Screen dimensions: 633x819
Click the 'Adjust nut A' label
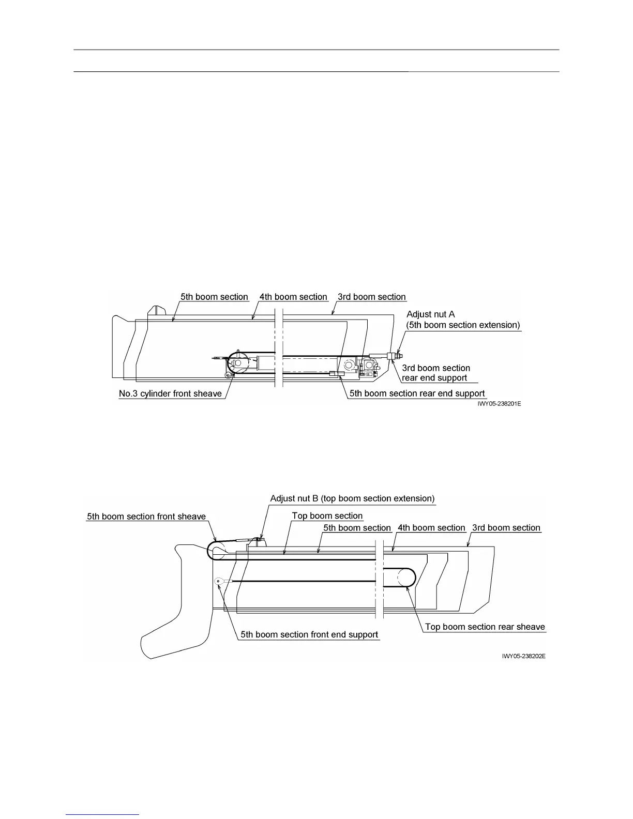(430, 314)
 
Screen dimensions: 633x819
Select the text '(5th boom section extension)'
(463, 325)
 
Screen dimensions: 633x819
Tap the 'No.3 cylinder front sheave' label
(170, 394)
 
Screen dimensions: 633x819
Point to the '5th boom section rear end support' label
(417, 393)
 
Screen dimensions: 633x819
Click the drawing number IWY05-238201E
(499, 404)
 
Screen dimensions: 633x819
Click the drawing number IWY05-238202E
(523, 656)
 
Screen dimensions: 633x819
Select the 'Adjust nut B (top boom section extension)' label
(352, 498)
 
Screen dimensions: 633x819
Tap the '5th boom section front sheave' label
(146, 517)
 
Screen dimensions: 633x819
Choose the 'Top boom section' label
(327, 516)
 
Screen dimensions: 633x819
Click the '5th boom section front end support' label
(309, 635)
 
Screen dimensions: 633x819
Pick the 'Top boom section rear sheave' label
(485, 627)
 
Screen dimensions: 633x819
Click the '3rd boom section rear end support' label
(435, 373)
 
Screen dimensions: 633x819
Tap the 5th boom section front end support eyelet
(219, 581)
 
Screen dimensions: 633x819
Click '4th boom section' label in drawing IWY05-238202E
(431, 528)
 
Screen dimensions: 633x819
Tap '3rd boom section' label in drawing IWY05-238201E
(371, 297)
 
